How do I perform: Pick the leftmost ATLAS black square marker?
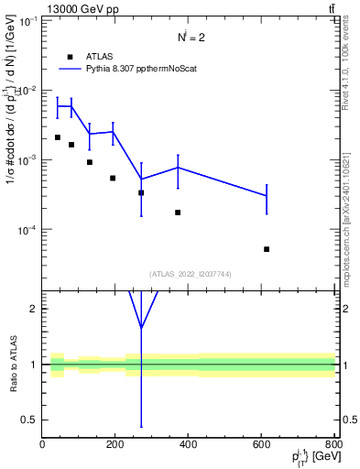pos(57,137)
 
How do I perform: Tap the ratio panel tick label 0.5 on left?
pos(28,420)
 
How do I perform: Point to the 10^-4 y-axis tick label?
pos(25,229)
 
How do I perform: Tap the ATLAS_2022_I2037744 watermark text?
pos(189,274)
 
